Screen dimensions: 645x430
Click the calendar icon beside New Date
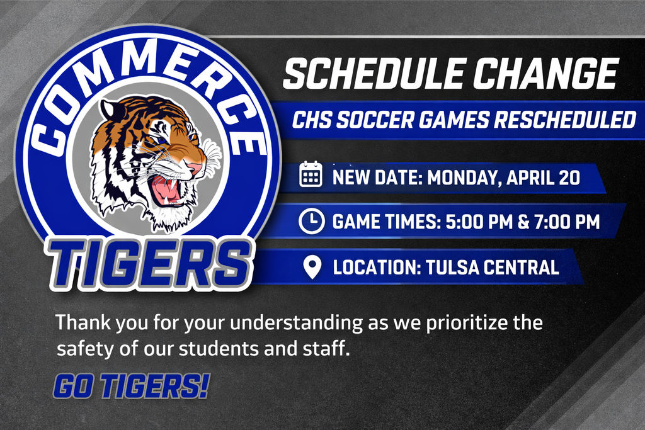pyautogui.click(x=311, y=174)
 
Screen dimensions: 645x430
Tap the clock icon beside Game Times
pyautogui.click(x=311, y=221)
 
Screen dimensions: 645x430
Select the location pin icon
pyautogui.click(x=312, y=267)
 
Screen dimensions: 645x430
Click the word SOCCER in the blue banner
pyautogui.click(x=375, y=120)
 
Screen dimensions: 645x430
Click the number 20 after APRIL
pyautogui.click(x=569, y=178)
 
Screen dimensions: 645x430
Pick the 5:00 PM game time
pyautogui.click(x=479, y=222)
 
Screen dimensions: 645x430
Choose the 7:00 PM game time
pyautogui.click(x=566, y=222)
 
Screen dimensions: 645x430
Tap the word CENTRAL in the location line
pyautogui.click(x=521, y=267)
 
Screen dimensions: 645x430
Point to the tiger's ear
pyautogui.click(x=110, y=110)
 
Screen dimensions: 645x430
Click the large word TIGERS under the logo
pyautogui.click(x=149, y=264)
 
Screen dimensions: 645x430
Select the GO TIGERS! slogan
pyautogui.click(x=131, y=386)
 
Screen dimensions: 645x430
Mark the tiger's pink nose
pyautogui.click(x=194, y=167)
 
